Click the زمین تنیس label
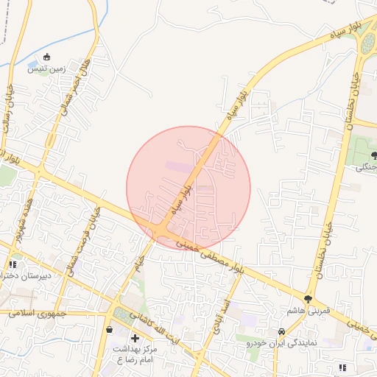tap(46, 69)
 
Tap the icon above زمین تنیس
tap(48, 57)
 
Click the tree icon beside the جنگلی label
tap(375, 155)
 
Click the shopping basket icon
tap(110, 330)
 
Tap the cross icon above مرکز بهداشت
tap(134, 337)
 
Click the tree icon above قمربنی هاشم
tap(307, 299)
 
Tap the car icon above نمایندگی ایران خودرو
tap(281, 332)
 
